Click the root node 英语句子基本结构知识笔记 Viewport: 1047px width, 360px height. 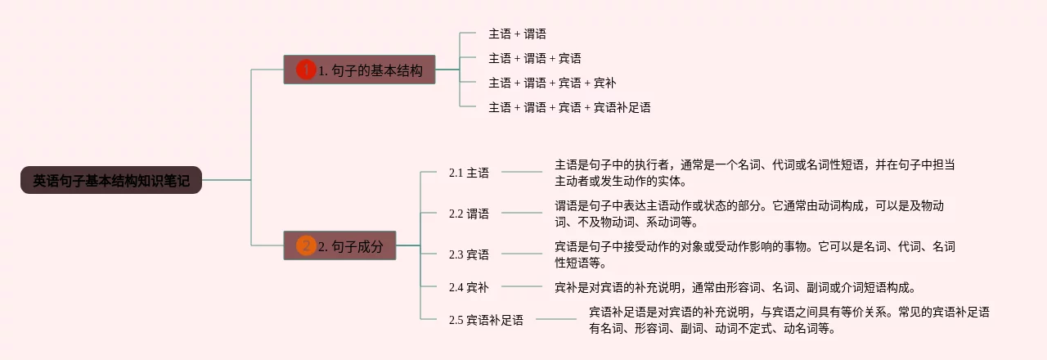[111, 181]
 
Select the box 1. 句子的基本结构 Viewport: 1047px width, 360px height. [359, 70]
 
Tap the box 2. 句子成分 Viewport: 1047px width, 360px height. [340, 246]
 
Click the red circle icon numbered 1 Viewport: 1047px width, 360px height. [306, 70]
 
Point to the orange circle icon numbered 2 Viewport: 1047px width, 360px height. [306, 246]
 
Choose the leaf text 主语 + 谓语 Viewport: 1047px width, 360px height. [517, 34]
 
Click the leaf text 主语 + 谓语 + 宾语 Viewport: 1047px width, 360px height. [535, 58]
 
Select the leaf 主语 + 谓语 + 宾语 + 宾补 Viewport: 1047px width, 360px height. [552, 83]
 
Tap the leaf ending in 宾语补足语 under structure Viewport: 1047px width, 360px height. [569, 107]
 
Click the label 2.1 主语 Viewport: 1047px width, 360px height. [469, 173]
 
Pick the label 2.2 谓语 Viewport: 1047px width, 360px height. [469, 214]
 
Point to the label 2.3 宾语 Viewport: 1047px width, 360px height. [469, 254]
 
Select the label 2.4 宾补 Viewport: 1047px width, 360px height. [469, 287]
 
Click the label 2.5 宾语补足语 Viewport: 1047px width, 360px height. [486, 320]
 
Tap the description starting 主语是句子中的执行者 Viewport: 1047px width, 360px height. [754, 173]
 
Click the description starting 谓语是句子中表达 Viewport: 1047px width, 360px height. [749, 214]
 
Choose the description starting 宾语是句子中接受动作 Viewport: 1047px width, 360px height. [754, 254]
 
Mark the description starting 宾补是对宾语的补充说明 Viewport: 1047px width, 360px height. [735, 287]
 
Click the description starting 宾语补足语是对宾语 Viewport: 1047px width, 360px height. [789, 320]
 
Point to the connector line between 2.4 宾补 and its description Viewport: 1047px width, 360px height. [521, 286]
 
